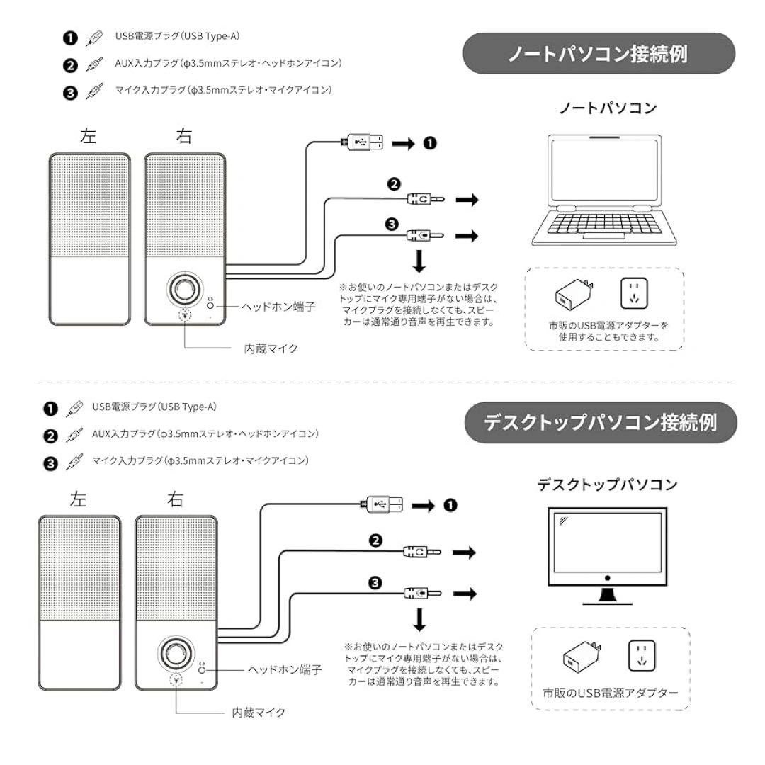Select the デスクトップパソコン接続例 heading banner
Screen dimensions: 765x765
pyautogui.click(x=600, y=423)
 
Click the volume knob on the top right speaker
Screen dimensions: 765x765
pyautogui.click(x=185, y=290)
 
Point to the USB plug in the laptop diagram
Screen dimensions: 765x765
pyautogui.click(x=363, y=142)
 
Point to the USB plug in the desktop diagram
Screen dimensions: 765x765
pyautogui.click(x=382, y=504)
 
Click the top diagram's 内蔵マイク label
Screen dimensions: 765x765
pyautogui.click(x=271, y=348)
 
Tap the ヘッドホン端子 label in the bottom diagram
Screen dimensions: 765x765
pyautogui.click(x=285, y=669)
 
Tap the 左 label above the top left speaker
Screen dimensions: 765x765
pyautogui.click(x=89, y=136)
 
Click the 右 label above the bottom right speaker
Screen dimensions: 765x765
pyautogui.click(x=175, y=499)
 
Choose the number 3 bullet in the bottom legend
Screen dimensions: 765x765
pyautogui.click(x=50, y=464)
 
